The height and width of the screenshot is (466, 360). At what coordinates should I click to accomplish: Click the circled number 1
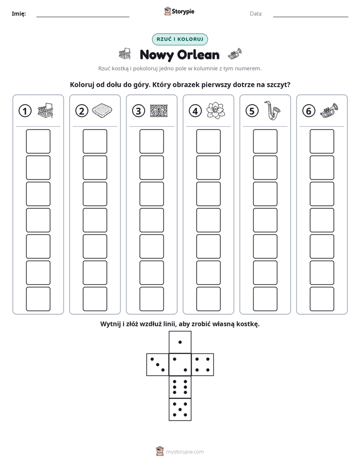click(25, 111)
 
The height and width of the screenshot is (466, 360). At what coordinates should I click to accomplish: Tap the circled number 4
click(195, 111)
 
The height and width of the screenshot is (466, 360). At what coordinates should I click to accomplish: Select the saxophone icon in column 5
click(272, 110)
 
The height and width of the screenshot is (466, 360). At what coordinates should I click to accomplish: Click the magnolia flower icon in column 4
click(215, 110)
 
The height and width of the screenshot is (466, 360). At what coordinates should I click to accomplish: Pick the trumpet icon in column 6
click(329, 110)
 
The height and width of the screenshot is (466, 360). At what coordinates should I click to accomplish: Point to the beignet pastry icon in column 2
click(102, 110)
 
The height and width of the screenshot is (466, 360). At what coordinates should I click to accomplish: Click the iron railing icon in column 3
click(159, 110)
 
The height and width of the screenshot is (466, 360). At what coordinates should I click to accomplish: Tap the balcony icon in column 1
click(45, 110)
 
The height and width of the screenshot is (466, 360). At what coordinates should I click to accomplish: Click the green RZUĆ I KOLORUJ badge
click(179, 39)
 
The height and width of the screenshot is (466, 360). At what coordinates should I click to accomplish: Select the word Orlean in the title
click(198, 55)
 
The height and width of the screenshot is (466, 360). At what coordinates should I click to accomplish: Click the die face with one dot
click(180, 342)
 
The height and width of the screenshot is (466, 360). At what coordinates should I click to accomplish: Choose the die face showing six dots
click(180, 387)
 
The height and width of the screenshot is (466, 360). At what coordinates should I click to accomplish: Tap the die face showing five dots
click(180, 410)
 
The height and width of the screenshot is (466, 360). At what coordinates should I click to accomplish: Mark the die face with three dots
click(158, 365)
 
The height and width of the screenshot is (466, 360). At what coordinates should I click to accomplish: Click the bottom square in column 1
click(38, 299)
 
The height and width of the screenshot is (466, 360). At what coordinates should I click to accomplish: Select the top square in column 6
click(322, 141)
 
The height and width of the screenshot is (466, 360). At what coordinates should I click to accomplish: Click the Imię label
click(19, 14)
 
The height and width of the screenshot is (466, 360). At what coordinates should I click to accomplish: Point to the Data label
click(256, 14)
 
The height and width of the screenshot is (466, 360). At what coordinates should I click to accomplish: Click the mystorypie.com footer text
click(185, 452)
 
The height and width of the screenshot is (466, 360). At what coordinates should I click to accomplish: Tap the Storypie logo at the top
click(179, 12)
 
